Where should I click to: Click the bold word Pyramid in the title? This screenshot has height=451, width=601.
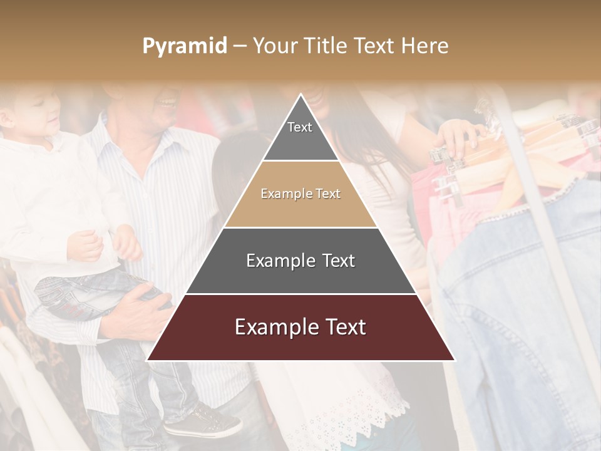184,46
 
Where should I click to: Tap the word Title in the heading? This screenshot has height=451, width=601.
326,46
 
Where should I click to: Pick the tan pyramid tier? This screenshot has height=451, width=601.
300,194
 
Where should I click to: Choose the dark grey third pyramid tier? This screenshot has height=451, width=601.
300,261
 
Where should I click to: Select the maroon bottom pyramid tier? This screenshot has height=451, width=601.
300,328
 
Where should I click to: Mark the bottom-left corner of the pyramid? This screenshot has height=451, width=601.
147,360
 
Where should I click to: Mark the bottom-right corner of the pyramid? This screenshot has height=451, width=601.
455,360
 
